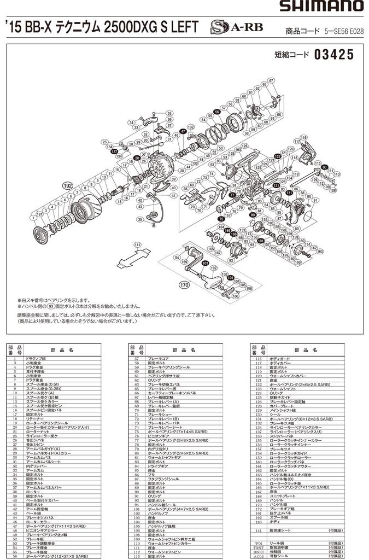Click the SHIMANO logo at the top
[321, 7]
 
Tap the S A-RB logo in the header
[226, 28]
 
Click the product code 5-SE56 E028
[343, 32]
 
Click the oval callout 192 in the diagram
[68, 186]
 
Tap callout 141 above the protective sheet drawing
[137, 244]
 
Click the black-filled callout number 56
[217, 112]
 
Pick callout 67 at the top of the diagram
[270, 81]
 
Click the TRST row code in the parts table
[256, 547]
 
